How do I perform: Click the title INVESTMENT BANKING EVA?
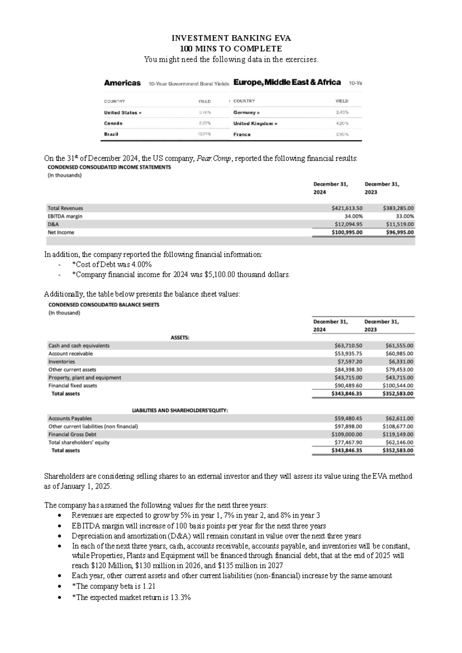[x=231, y=38]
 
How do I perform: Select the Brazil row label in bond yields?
[x=111, y=134]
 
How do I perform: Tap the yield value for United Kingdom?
[x=342, y=124]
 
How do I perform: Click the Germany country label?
[x=245, y=113]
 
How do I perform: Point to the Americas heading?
[x=122, y=83]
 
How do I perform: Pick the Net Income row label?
[x=61, y=232]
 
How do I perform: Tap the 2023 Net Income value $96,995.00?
[x=399, y=232]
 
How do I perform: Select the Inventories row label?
[x=62, y=362]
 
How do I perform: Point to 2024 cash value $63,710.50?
[x=348, y=345]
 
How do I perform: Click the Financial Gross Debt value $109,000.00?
[x=346, y=434]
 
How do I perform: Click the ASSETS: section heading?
[x=180, y=337]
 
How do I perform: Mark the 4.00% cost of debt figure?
[x=141, y=265]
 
